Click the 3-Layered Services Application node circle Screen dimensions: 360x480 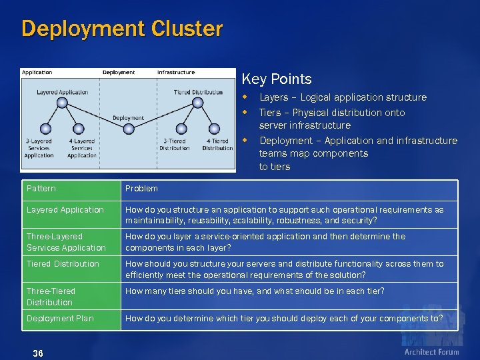pos(45,129)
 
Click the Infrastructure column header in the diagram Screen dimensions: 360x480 pos(176,72)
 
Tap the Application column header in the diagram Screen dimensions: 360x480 pos(37,72)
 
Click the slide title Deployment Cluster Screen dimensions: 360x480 pos(122,29)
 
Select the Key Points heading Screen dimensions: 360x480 pos(277,79)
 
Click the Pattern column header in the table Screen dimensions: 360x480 pos(41,189)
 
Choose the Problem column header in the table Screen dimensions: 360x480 pos(141,189)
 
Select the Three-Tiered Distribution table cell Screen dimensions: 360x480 pos(51,297)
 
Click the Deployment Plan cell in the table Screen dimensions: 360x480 pos(60,318)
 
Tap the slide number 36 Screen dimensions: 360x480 pos(37,353)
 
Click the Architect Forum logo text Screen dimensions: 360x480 pos(431,351)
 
